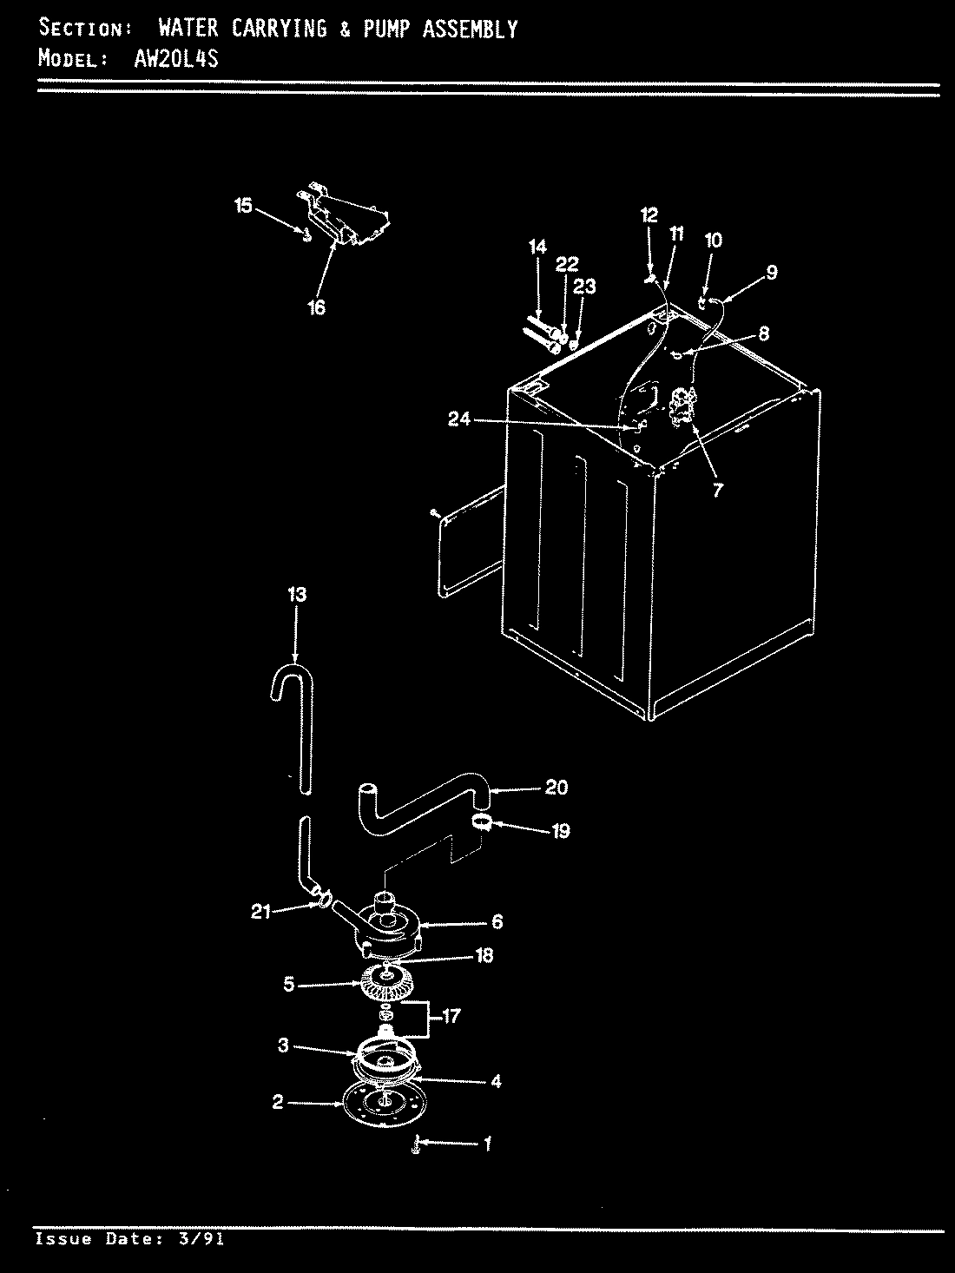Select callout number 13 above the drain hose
coord(296,595)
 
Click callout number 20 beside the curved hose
coord(556,787)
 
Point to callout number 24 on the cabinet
coord(458,419)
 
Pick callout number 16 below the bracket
coord(316,307)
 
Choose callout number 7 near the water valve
coord(717,490)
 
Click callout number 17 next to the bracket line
coord(451,1015)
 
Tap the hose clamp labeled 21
coord(323,903)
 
